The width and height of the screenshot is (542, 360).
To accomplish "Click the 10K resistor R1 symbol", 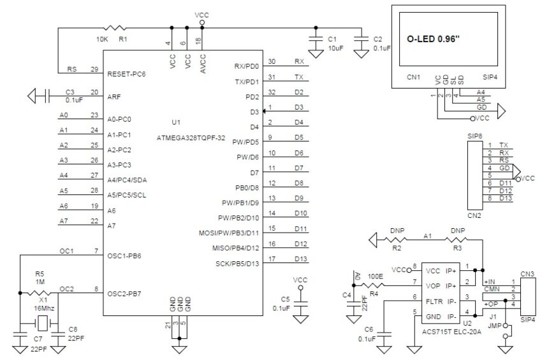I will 117,27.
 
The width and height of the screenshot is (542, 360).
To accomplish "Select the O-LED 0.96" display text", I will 433,39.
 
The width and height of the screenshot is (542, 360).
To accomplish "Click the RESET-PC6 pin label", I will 128,73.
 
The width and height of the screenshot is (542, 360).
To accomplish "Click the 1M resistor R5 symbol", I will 39,293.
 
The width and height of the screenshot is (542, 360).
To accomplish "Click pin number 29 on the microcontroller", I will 94,68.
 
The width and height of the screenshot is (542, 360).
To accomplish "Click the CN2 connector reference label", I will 474,215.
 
